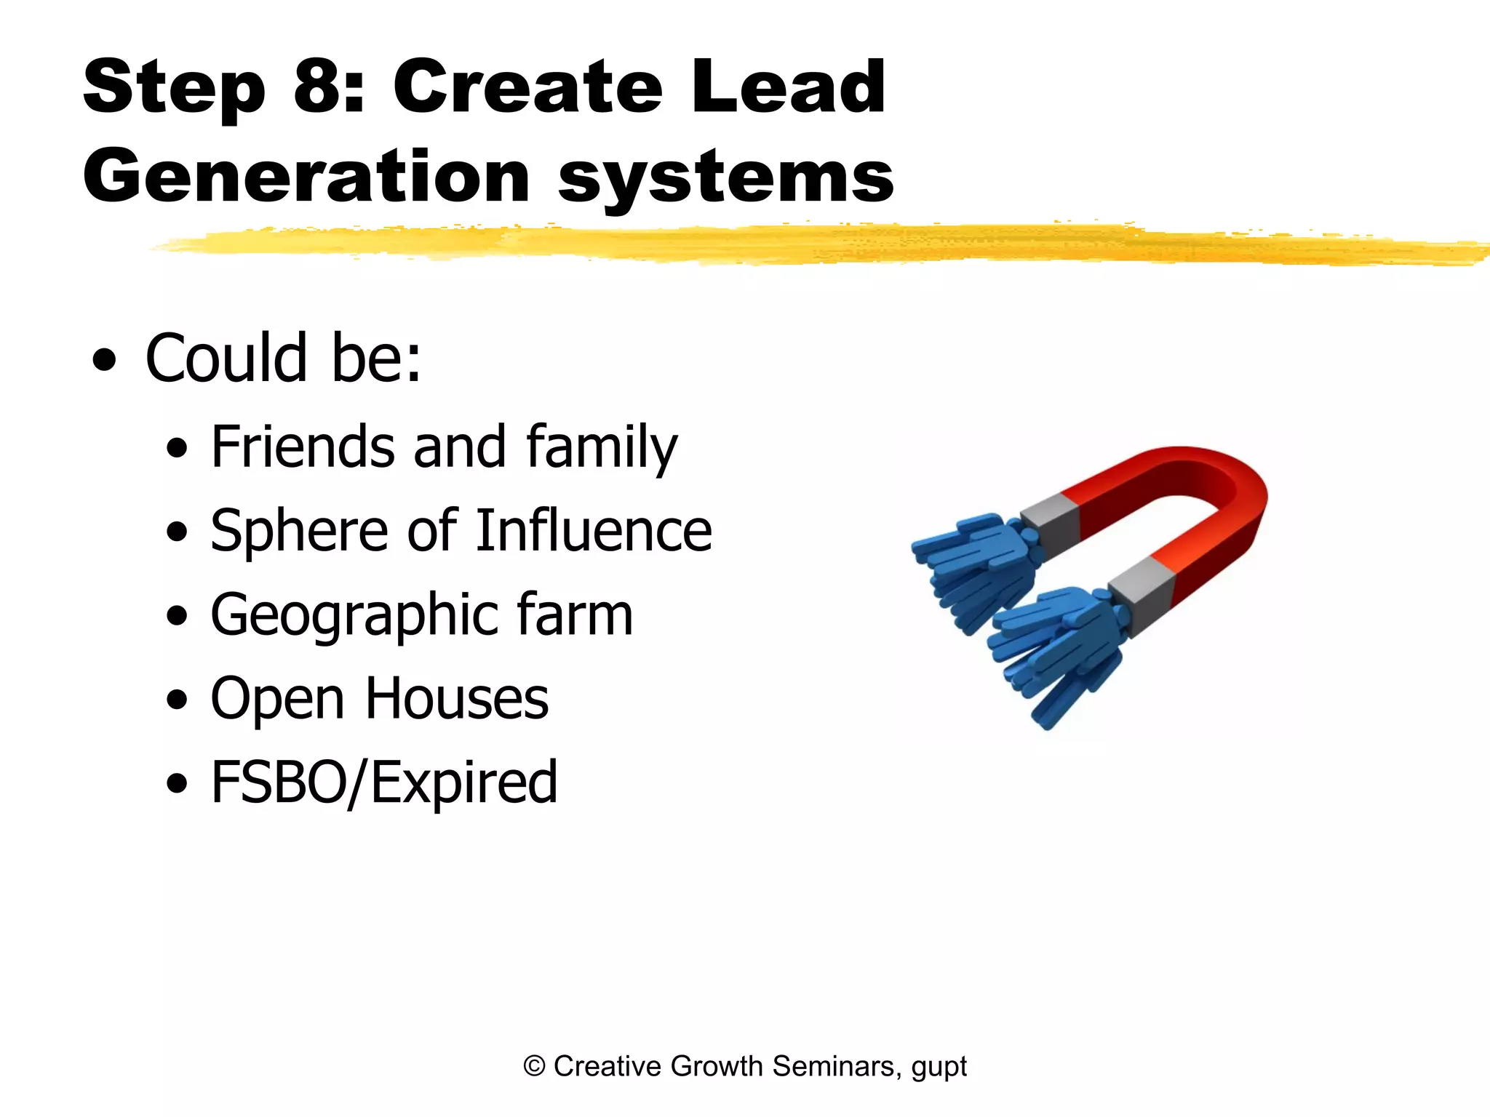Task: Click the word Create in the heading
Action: coord(527,87)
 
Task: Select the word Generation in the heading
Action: coord(306,177)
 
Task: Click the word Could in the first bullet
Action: coord(226,358)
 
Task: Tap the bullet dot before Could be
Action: coord(105,360)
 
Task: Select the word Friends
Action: coord(303,447)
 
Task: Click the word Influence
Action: coord(594,530)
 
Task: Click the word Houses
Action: coord(456,698)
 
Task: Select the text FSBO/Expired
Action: coord(384,782)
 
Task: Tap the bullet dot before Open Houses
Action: coord(177,700)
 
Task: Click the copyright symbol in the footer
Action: coord(534,1066)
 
